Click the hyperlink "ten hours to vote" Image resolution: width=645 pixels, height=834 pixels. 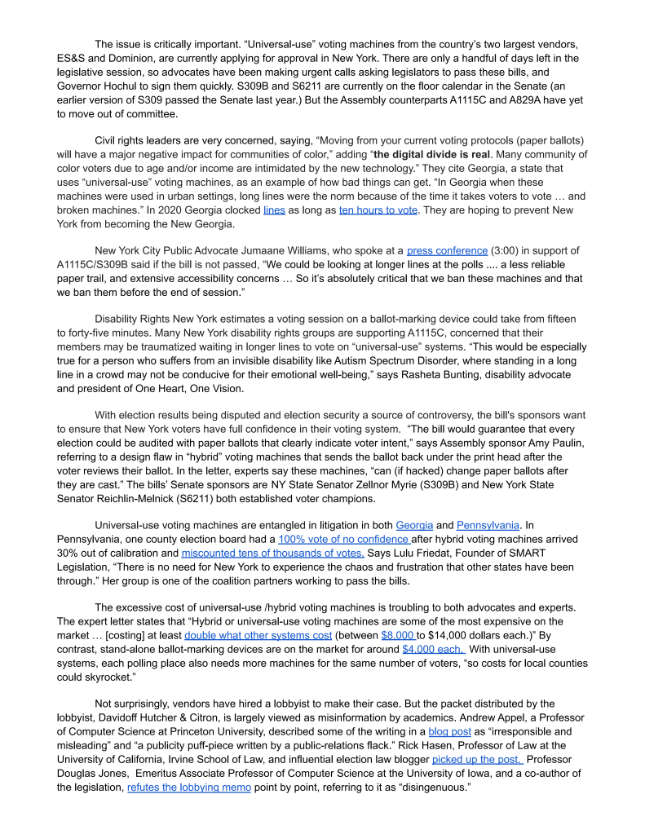(x=378, y=210)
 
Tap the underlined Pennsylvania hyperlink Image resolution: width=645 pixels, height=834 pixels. (x=488, y=526)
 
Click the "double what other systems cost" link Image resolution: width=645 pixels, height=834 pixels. (x=258, y=635)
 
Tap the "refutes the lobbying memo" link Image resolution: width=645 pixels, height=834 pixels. (x=189, y=788)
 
